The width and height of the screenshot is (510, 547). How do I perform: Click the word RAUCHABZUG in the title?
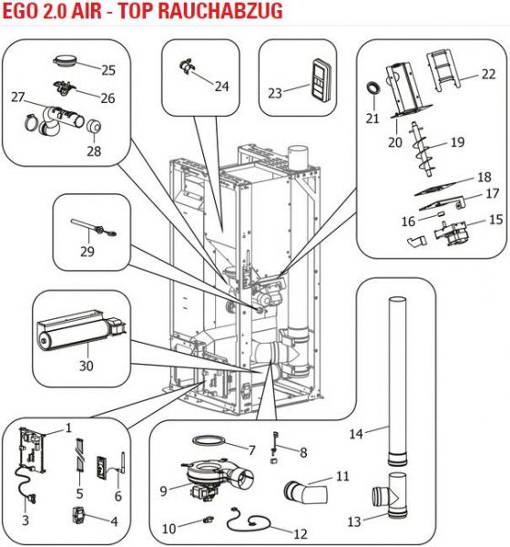(x=220, y=11)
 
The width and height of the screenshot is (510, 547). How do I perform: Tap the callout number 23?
(x=275, y=93)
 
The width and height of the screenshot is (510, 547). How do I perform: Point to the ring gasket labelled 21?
(x=373, y=88)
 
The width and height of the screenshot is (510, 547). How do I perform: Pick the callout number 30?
(x=87, y=366)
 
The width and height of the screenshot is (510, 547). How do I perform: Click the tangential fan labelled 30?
(x=81, y=330)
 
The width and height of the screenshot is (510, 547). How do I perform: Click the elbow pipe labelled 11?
(x=306, y=492)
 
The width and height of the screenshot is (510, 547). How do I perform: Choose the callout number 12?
(x=301, y=533)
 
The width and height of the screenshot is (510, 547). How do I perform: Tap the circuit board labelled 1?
(x=33, y=450)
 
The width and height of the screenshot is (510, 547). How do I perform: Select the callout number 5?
(x=80, y=493)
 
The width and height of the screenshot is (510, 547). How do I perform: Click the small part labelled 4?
(x=79, y=516)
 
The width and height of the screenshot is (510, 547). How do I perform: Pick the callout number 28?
(x=94, y=150)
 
